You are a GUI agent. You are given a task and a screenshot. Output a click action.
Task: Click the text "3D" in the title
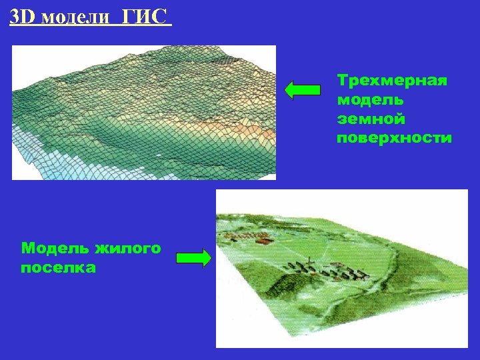tap(23, 15)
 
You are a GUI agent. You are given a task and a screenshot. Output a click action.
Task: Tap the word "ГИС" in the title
tap(143, 15)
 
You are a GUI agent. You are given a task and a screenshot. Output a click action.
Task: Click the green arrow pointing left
tap(303, 90)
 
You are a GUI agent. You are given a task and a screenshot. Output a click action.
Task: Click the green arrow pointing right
tap(193, 259)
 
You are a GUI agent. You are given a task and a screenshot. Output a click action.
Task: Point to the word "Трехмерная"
tap(392, 81)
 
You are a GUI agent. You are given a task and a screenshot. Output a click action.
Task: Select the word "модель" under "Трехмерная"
tap(370, 100)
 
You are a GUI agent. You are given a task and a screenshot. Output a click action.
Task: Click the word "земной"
tap(371, 119)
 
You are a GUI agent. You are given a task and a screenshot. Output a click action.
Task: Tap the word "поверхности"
tap(395, 139)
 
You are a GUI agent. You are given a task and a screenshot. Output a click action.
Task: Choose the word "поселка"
tap(59, 268)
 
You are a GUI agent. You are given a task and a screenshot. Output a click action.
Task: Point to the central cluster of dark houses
tap(327, 270)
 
